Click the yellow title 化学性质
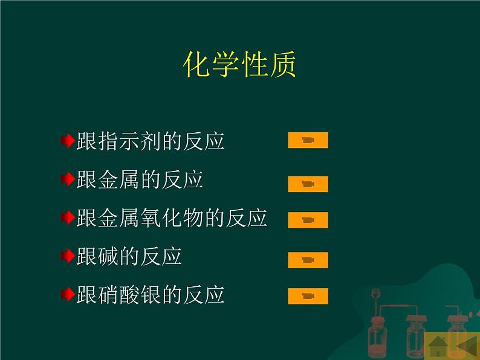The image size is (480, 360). point(239,64)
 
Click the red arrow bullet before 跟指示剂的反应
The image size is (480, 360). point(68,141)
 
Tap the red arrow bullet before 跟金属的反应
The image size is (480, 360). point(68,179)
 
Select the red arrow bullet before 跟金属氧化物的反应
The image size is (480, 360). point(68,218)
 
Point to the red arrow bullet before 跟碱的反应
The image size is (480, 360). point(68,256)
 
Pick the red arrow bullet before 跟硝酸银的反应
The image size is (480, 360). point(68,295)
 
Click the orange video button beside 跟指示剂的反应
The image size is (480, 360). point(308,140)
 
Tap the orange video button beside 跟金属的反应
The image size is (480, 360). point(308,184)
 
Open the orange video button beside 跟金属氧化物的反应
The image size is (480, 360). point(308,220)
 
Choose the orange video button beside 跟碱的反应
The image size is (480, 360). point(308,260)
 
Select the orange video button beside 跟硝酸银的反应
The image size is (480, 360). point(308,296)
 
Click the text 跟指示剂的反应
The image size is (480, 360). point(151,141)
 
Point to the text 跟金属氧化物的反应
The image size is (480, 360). point(172,218)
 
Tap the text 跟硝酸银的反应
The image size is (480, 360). point(151,295)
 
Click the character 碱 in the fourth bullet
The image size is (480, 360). point(108,256)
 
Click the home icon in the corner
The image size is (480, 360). point(438,346)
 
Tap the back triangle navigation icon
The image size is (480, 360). point(466,346)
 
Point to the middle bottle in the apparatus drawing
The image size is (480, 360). point(416,337)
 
